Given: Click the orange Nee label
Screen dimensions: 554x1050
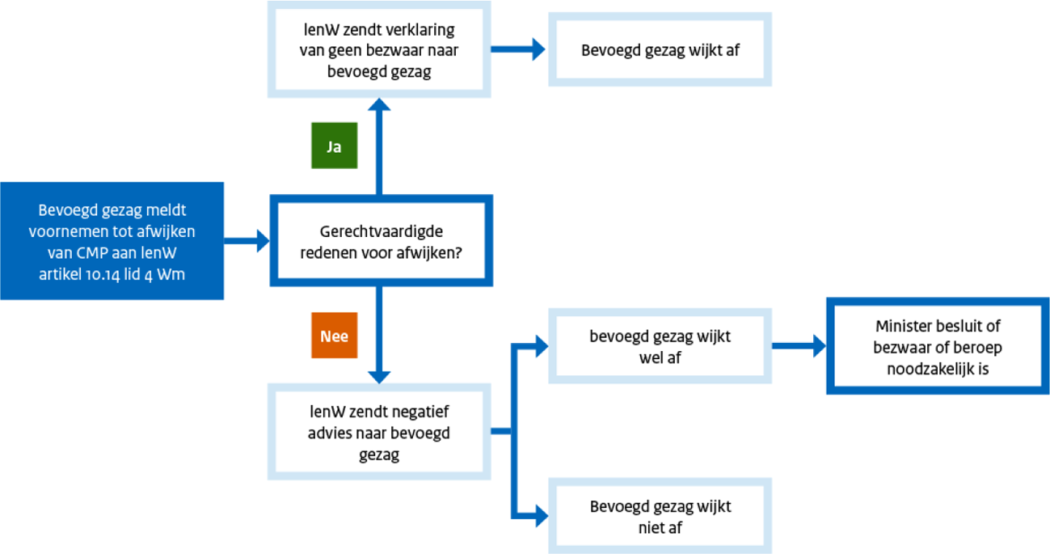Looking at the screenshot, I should [x=334, y=335].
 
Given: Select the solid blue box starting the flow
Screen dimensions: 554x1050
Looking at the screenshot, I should [x=112, y=241].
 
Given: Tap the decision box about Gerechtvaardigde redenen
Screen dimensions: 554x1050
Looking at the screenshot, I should [x=380, y=240].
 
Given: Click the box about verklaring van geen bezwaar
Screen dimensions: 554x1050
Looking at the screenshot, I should [x=379, y=50].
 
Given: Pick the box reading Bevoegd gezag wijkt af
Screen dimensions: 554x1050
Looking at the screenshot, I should [x=660, y=49].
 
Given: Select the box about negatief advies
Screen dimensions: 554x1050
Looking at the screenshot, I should [x=379, y=433].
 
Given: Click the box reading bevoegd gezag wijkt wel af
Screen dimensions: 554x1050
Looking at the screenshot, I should [x=660, y=346].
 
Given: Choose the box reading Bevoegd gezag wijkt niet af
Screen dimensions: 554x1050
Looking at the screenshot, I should [x=660, y=517].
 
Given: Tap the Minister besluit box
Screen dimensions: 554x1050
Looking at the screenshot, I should [x=937, y=347].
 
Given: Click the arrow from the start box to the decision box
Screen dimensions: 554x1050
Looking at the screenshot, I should [x=246, y=240].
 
